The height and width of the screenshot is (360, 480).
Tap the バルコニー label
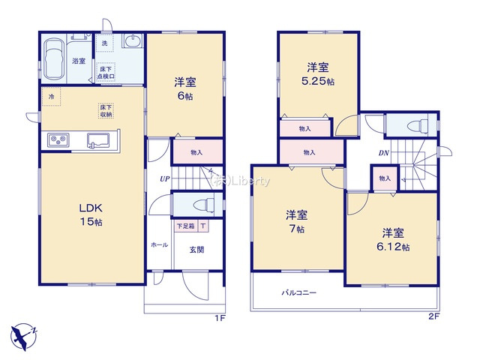coord(299,293)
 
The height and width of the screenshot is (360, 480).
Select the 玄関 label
coord(196,250)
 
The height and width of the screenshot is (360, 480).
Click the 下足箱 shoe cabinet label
coord(185,226)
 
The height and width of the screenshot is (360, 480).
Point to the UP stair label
coord(163,179)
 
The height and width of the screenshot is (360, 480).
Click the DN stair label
coord(382,154)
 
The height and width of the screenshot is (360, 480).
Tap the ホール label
coord(159,245)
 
